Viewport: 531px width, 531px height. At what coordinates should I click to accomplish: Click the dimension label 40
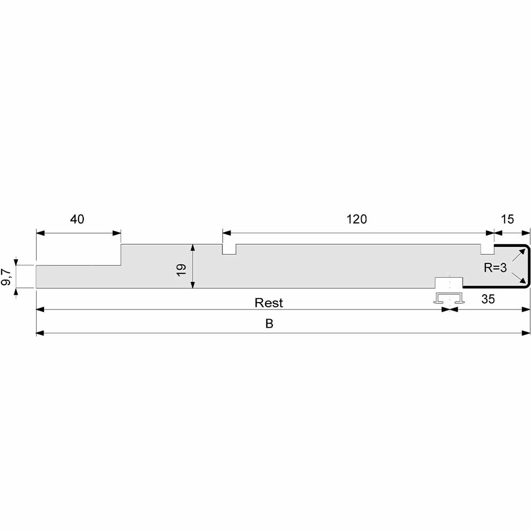point(77,219)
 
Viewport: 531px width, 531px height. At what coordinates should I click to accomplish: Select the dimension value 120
point(357,219)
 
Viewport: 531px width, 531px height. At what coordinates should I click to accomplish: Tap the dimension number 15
point(507,219)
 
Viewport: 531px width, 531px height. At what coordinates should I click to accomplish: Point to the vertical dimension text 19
point(181,270)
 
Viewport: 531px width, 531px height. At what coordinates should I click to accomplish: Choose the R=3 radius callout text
point(495,268)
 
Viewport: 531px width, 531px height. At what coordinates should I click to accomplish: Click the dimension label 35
point(488,299)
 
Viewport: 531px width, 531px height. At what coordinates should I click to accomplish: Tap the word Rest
point(269,303)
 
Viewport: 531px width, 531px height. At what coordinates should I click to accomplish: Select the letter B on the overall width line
point(269,324)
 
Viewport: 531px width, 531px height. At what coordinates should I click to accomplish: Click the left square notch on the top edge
point(229,249)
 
